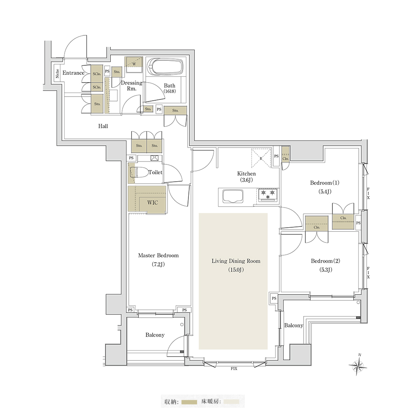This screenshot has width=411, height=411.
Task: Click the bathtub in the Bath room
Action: (165, 67)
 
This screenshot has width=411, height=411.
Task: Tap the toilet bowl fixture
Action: (139, 173)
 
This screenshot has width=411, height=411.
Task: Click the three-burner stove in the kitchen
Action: (268, 195)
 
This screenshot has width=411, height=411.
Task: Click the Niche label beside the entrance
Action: (58, 73)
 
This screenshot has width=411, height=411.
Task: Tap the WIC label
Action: (153, 203)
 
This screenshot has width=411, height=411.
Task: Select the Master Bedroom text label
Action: (158, 255)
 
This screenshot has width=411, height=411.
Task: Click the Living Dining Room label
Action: (236, 261)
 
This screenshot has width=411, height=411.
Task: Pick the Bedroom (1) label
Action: (325, 183)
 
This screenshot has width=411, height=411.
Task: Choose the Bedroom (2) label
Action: (325, 261)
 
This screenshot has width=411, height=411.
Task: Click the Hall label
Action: (103, 126)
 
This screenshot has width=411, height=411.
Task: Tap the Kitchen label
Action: (246, 173)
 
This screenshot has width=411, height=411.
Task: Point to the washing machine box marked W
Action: (134, 65)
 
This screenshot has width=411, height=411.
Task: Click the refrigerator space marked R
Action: (261, 158)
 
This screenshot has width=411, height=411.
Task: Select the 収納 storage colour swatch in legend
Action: (189, 402)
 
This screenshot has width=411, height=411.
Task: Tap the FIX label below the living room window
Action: (234, 369)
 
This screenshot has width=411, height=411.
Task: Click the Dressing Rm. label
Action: (132, 86)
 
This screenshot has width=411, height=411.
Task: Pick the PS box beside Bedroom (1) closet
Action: (358, 223)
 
